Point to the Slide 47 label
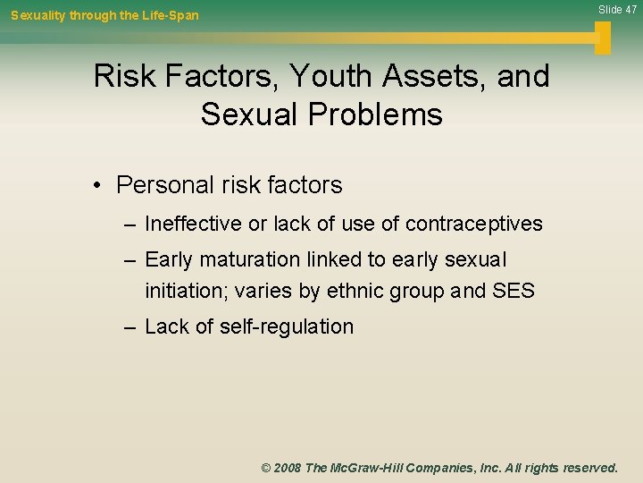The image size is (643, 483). tap(617, 10)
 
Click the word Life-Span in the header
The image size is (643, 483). tap(170, 15)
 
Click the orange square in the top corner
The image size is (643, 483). tap(603, 37)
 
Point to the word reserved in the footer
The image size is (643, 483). tap(588, 468)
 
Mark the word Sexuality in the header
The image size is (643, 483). tap(39, 15)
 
